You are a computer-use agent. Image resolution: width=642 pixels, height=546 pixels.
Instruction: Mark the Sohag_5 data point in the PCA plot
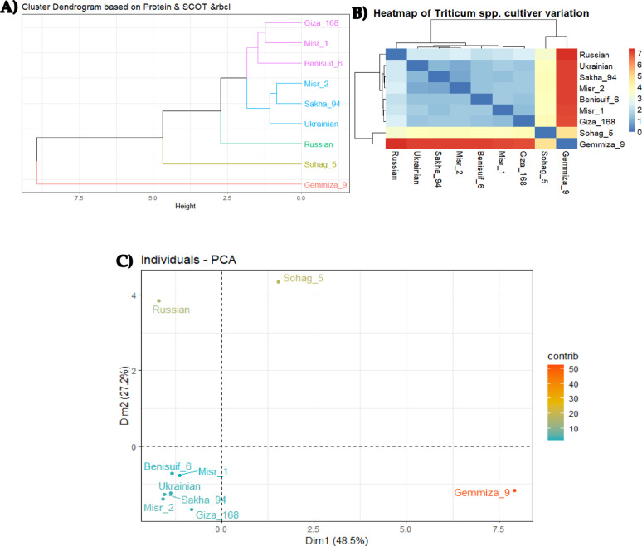coord(279,281)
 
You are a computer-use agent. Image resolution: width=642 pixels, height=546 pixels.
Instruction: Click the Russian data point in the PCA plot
coord(158,301)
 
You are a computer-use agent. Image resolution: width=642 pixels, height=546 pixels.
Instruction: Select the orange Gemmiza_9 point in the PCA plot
coord(515,490)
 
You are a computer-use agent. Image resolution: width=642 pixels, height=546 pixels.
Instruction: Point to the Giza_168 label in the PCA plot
coord(216,514)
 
